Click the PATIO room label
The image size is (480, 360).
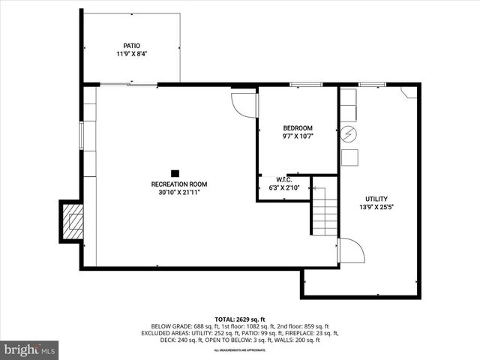132,45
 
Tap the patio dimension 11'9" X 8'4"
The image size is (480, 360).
132,54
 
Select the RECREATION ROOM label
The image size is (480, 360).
179,184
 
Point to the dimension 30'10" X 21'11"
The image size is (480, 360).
179,193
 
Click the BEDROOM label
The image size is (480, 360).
298,128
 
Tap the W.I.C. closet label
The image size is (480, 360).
283,179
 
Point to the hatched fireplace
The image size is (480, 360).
73,222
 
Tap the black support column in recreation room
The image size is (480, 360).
175,172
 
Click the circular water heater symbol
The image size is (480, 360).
349,135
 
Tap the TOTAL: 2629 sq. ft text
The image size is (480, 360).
240,319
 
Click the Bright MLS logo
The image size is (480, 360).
30,349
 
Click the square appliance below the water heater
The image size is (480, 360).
349,157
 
